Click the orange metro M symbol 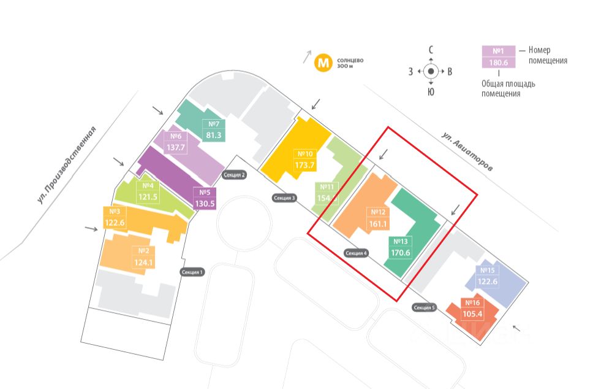click(323, 63)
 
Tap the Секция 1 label click(192, 272)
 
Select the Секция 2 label click(235, 175)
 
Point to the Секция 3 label click(285, 198)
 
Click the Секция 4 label click(356, 253)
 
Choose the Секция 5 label click(424, 307)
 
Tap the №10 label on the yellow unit click(304, 154)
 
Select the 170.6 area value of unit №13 click(401, 252)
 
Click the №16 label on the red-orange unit click(472, 302)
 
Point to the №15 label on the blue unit click(487, 271)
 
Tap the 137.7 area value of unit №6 click(176, 148)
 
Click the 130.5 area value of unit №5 click(204, 203)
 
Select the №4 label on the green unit click(147, 186)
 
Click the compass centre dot click(431, 71)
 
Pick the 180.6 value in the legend click(498, 62)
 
